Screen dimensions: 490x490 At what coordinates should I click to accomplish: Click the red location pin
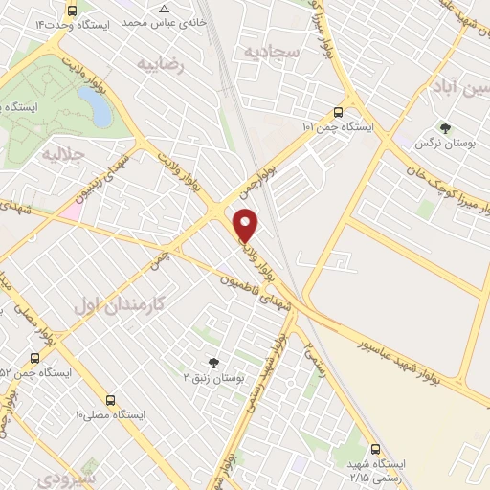[x=246, y=224]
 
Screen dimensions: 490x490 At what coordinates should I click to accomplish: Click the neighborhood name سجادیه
[x=272, y=51]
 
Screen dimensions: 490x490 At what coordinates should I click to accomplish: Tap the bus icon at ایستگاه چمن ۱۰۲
[x=338, y=110]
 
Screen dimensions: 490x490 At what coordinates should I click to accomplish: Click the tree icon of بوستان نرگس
[x=443, y=127]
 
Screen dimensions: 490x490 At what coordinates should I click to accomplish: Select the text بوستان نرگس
[x=434, y=143]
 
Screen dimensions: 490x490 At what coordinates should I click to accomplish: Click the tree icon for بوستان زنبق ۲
[x=212, y=362]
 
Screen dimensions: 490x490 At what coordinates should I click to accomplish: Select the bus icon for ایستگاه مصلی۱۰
[x=111, y=399]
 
